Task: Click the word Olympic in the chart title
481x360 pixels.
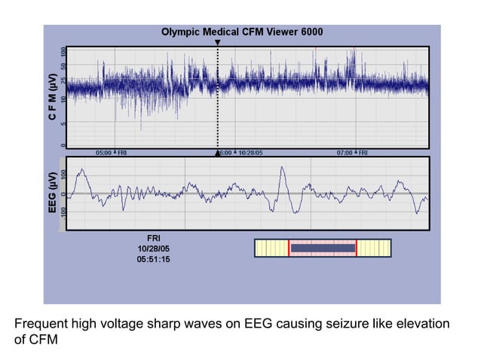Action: tap(181, 33)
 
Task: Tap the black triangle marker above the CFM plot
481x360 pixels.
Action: tap(218, 43)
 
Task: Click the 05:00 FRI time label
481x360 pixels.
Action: tap(112, 152)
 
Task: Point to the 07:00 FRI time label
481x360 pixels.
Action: tap(352, 152)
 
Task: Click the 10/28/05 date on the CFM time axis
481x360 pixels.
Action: tap(248, 152)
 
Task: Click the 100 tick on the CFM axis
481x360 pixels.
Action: tap(63, 52)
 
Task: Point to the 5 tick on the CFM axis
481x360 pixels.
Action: tap(63, 124)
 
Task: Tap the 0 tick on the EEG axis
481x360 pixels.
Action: tap(63, 194)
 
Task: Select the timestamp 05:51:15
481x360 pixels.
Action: tap(153, 259)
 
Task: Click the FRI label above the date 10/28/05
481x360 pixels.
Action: tap(153, 237)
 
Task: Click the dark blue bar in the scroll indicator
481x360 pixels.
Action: tap(323, 248)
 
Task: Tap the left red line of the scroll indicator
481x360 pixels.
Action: tap(289, 249)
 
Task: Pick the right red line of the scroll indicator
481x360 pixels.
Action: tap(357, 249)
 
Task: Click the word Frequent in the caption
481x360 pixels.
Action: tap(41, 325)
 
